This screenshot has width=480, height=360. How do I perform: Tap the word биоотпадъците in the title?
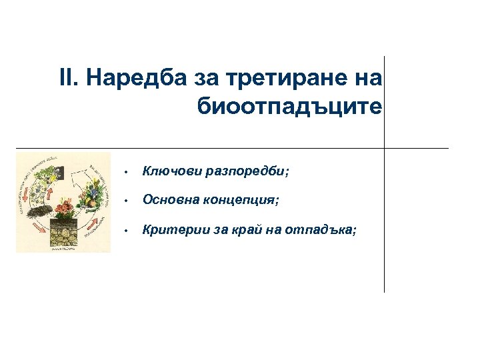(290, 105)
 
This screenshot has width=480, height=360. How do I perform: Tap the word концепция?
(243, 200)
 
